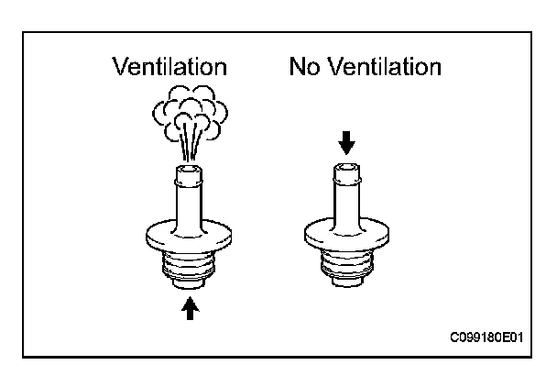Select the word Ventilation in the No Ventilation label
(x=384, y=67)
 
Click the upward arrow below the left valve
(x=190, y=308)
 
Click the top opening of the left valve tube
(x=189, y=171)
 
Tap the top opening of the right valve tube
(x=346, y=169)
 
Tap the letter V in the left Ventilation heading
(x=120, y=67)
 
